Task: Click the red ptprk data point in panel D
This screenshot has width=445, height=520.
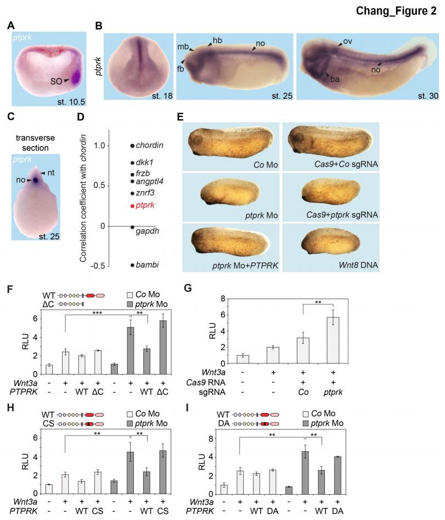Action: click(x=132, y=206)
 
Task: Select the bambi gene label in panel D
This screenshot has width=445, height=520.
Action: click(x=147, y=265)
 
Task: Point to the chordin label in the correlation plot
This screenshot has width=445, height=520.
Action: click(x=149, y=146)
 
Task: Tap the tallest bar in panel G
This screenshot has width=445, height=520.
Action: click(x=333, y=340)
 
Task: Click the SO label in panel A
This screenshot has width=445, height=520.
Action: click(x=56, y=81)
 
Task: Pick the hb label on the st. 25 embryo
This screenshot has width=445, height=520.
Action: click(x=217, y=41)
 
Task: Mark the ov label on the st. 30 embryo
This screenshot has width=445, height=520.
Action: click(x=347, y=41)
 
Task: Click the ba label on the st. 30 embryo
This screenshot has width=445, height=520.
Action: click(x=335, y=79)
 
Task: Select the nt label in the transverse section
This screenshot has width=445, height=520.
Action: click(x=50, y=172)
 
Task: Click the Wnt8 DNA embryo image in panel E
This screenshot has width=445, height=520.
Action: click(x=330, y=242)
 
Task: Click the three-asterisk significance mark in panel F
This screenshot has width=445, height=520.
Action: click(x=97, y=313)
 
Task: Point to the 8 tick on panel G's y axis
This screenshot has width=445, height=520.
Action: click(x=222, y=299)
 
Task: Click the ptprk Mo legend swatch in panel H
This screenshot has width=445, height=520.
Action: click(x=130, y=423)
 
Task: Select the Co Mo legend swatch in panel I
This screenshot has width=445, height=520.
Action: click(x=306, y=414)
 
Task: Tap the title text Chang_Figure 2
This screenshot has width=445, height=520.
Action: click(x=396, y=10)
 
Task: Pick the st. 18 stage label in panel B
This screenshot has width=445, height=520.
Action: click(x=162, y=96)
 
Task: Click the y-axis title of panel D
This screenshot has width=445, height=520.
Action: click(x=83, y=198)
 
